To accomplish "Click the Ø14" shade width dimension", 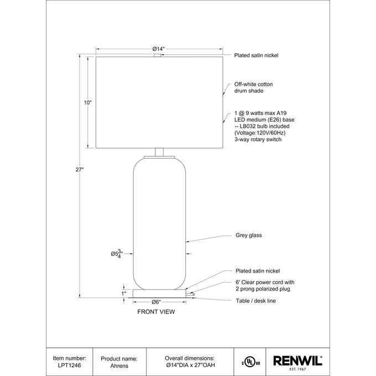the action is click(x=159, y=49).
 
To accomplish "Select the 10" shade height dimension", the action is click(x=88, y=103).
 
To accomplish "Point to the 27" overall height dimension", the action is click(x=80, y=170).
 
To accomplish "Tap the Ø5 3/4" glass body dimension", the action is click(x=117, y=253).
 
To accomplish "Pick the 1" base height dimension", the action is click(x=123, y=294).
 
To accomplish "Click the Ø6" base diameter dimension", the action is click(x=156, y=302).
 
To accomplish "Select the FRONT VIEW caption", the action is click(x=156, y=312).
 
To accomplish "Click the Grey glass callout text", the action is click(x=248, y=235).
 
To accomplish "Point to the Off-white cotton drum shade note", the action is click(x=253, y=87).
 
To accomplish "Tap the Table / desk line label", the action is click(x=255, y=301).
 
